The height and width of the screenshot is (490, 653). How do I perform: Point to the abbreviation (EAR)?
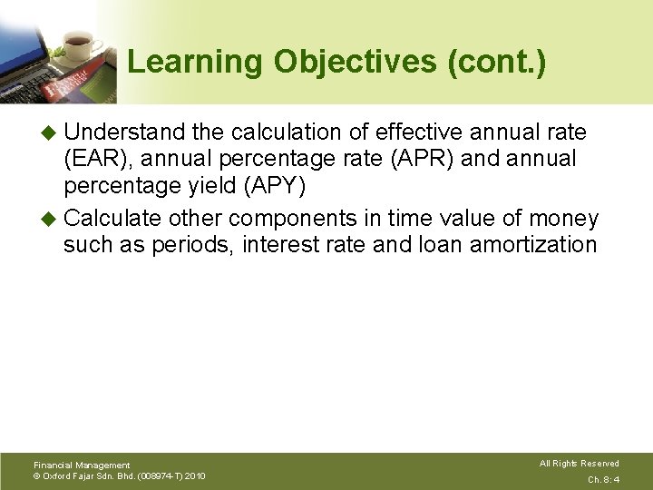[96, 159]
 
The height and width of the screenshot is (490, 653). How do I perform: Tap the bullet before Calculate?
[50, 220]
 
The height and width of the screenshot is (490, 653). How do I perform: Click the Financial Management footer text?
[82, 465]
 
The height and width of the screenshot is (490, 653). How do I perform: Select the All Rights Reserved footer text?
[580, 464]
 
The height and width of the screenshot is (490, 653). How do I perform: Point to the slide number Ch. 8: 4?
[603, 479]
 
